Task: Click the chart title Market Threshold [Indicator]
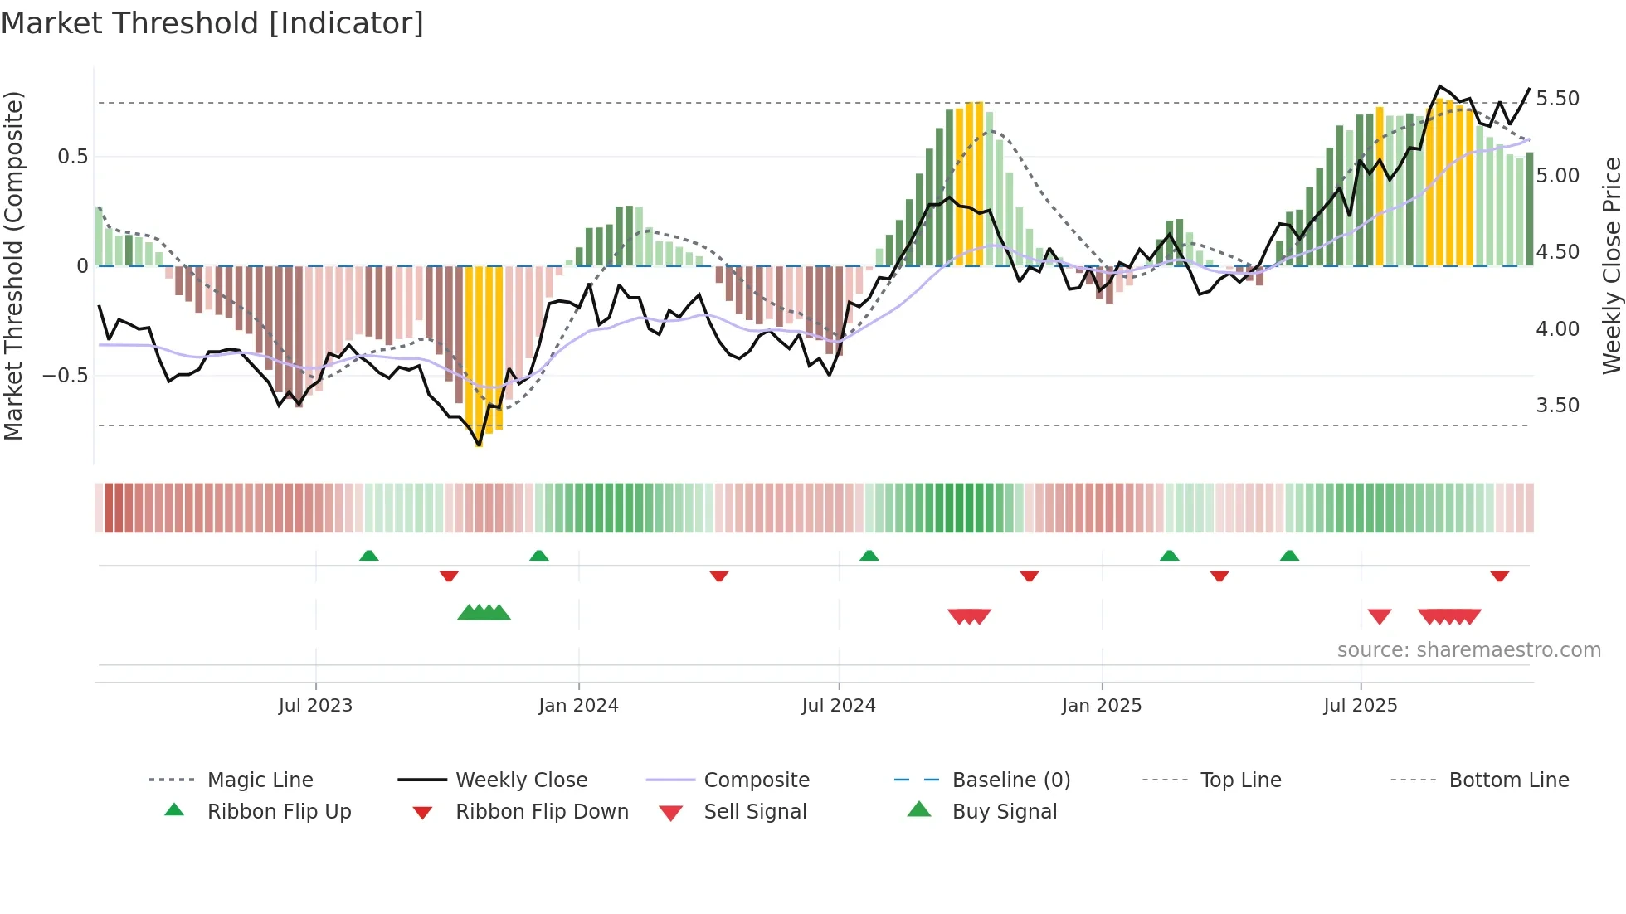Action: coord(212,23)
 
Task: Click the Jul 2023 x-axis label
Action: coord(315,706)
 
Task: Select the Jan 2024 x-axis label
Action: coord(578,706)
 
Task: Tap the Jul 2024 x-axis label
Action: coord(839,706)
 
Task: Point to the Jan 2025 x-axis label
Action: coord(1102,706)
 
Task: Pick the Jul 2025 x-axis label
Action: coord(1361,706)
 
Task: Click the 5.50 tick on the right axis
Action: coord(1558,99)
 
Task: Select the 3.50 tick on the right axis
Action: coord(1558,406)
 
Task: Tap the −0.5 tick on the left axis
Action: coord(66,376)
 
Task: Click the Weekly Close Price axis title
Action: coord(1611,265)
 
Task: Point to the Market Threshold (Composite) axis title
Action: coord(13,265)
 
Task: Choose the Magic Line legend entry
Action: coord(260,780)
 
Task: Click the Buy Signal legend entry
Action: coord(1004,812)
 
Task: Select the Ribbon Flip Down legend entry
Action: coord(542,812)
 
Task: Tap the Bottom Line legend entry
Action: coord(1508,780)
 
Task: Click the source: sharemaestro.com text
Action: coord(1468,650)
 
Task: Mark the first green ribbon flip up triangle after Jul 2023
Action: coord(369,556)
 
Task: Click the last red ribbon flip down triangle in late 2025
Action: coord(1499,576)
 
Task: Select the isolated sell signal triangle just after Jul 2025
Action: coord(1380,616)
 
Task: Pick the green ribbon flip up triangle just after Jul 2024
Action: coord(869,556)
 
